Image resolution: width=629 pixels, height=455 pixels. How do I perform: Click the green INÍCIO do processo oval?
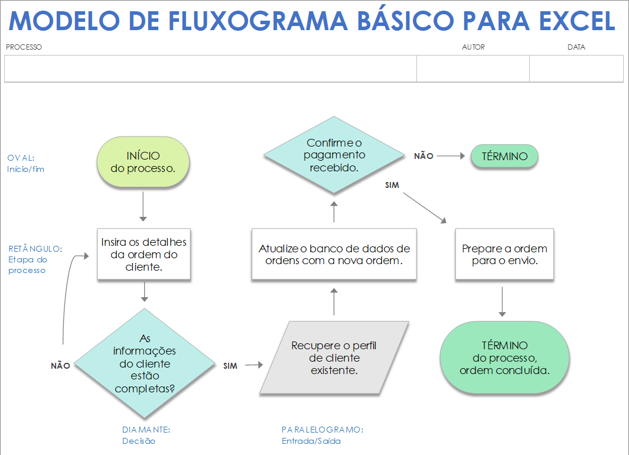point(143,162)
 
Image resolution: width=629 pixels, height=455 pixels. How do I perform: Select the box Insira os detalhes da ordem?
point(144,254)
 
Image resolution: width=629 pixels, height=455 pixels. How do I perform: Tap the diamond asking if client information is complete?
point(144,364)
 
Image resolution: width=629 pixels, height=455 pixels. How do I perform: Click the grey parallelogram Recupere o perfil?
point(334,358)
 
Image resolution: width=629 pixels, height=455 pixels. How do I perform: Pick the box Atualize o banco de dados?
point(334,254)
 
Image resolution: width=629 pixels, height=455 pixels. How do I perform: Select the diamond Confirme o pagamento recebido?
point(334,155)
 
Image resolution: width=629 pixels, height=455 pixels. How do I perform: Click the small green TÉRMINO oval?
point(504,157)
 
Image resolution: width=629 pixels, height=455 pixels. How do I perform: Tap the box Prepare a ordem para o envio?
point(504,254)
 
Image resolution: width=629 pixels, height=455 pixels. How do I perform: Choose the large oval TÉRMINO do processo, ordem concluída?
point(504,358)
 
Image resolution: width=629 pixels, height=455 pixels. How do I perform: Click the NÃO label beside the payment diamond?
point(423,157)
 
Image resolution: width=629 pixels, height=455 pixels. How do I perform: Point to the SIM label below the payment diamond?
point(392,186)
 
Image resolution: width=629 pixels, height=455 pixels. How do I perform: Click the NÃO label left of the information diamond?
point(60,366)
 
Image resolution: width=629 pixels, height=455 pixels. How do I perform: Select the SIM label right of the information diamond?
point(230,366)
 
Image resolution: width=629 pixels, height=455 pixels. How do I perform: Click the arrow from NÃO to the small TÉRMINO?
point(451,157)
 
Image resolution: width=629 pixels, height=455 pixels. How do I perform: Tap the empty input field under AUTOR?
point(472,69)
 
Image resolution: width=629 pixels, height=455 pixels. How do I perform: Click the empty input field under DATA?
point(576,69)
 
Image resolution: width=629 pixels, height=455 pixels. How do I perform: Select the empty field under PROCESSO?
point(210,69)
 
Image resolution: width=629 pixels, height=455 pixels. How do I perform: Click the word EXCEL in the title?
point(577,21)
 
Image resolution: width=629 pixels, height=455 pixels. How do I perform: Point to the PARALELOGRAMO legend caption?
point(322,430)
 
